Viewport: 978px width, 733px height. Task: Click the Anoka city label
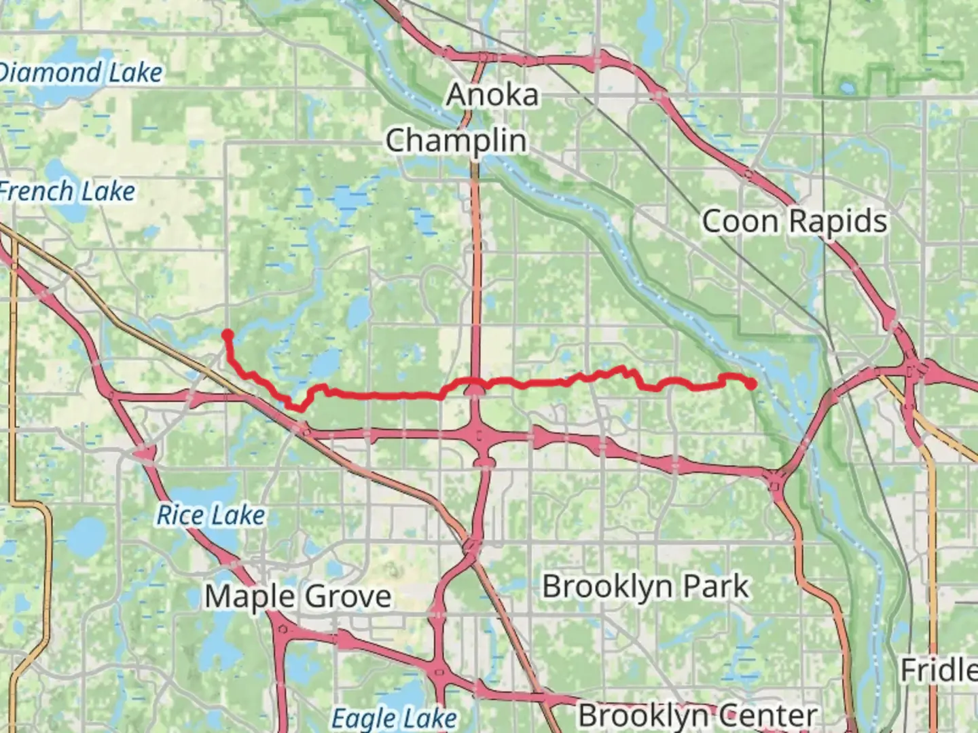pyautogui.click(x=492, y=95)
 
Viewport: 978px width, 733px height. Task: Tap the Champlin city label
pyautogui.click(x=456, y=141)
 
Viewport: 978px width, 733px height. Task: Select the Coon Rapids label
pyautogui.click(x=794, y=222)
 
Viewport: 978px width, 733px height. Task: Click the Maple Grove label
pyautogui.click(x=298, y=597)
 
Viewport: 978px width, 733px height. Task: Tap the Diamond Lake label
pyautogui.click(x=80, y=73)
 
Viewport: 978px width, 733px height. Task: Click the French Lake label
pyautogui.click(x=67, y=192)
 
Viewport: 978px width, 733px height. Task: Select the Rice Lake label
pyautogui.click(x=211, y=516)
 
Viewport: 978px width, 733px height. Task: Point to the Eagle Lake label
pyautogui.click(x=394, y=718)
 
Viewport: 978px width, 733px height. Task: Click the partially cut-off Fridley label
pyautogui.click(x=939, y=671)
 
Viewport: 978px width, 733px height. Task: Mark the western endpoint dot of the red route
pyautogui.click(x=228, y=334)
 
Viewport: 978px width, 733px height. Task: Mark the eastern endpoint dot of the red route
pyautogui.click(x=751, y=385)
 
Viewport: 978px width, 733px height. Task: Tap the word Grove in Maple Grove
pyautogui.click(x=345, y=597)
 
